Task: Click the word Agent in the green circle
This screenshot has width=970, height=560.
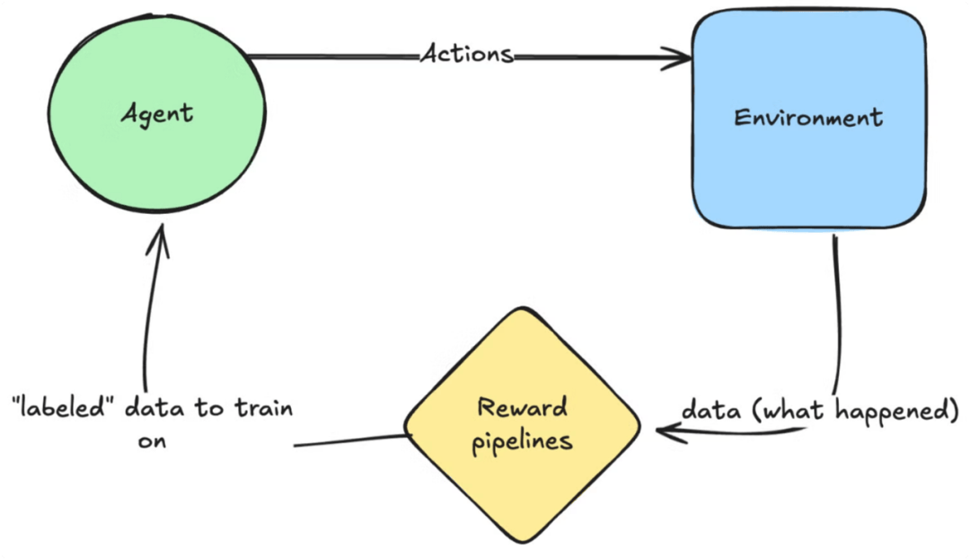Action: [x=157, y=114]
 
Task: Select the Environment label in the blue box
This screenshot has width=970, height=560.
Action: [x=808, y=117]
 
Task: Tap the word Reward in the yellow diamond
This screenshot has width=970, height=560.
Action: [x=523, y=407]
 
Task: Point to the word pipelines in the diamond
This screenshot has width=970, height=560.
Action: [x=522, y=442]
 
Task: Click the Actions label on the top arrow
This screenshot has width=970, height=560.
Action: [x=467, y=54]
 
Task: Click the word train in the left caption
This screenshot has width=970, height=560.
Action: [x=263, y=408]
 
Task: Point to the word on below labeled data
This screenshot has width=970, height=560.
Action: [x=152, y=441]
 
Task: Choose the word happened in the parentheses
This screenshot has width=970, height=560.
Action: [x=896, y=411]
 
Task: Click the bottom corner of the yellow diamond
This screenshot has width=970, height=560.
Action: [x=523, y=543]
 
